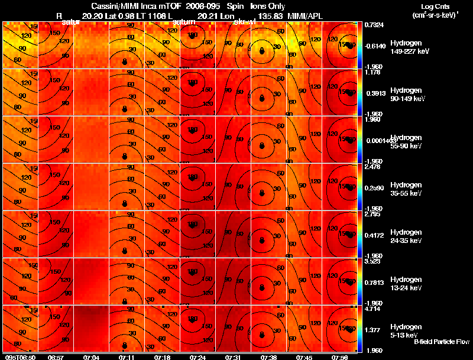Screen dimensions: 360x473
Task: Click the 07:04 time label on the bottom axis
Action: click(x=92, y=357)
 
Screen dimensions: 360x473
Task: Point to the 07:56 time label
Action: click(x=339, y=357)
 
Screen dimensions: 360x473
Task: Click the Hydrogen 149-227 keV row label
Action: click(x=406, y=47)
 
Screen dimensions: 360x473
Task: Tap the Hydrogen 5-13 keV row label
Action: click(x=406, y=330)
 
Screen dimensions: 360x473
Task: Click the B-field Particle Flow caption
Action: click(x=441, y=342)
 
